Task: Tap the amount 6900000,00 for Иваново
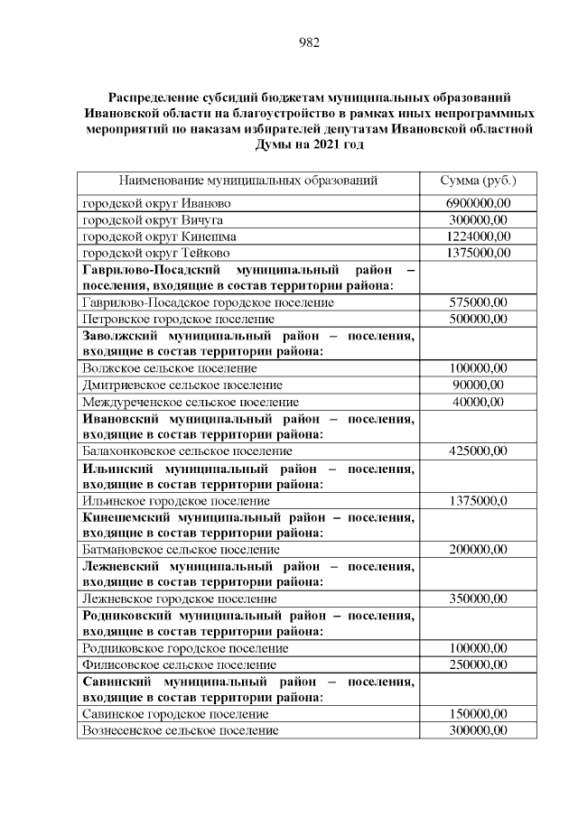point(478,204)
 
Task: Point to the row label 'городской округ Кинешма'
point(160,237)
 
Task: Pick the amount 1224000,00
point(478,237)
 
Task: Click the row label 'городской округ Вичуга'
point(153,220)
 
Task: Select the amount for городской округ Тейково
point(478,253)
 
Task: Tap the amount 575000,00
point(478,303)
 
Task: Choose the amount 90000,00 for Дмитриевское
point(478,385)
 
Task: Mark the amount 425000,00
point(478,450)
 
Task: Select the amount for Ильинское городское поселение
point(478,500)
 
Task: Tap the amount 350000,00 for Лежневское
point(478,599)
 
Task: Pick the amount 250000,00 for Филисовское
point(478,664)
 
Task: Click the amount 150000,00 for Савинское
point(478,713)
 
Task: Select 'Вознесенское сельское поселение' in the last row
point(181,729)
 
